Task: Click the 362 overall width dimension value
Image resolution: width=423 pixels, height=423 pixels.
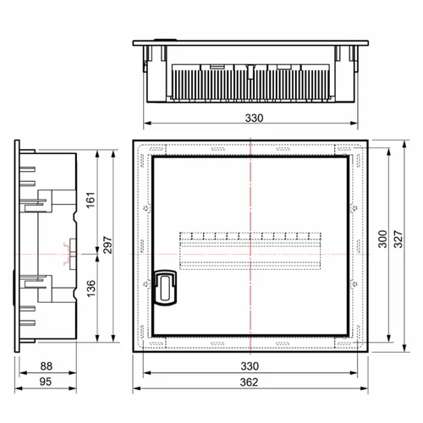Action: coord(249,382)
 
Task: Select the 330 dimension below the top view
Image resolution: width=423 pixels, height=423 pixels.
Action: coord(254,118)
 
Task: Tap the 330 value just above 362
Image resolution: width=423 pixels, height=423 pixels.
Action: coord(250,366)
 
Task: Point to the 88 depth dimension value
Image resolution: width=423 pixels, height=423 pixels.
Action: coord(47,366)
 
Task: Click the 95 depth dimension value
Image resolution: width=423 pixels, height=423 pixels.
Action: coord(46,382)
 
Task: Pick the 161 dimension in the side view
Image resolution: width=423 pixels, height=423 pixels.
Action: coord(91,201)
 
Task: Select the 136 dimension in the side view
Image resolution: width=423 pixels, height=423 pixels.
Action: coord(91,288)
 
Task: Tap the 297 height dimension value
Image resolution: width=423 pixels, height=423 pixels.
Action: coord(107,245)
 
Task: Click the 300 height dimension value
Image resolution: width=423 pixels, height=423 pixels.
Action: coord(382,239)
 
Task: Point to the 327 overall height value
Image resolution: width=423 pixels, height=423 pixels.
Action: coord(398,239)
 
